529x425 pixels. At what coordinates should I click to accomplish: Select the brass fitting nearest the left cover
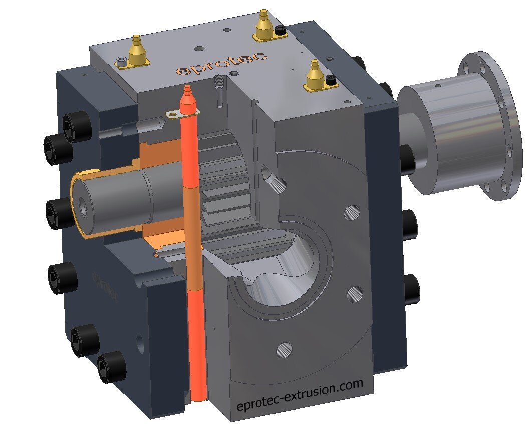click(x=135, y=52)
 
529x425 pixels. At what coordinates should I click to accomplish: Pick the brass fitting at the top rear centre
click(x=263, y=27)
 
